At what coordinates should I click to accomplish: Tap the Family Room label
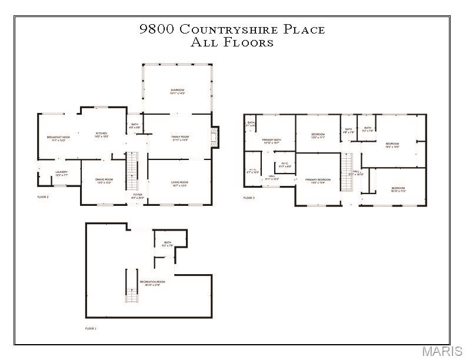tap(179, 138)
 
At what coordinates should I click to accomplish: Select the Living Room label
tap(179, 184)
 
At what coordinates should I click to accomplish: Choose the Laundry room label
tap(62, 173)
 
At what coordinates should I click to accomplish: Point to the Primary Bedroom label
tap(317, 181)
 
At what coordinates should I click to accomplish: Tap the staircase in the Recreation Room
tap(132, 285)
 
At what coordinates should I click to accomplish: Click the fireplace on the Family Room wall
tap(215, 138)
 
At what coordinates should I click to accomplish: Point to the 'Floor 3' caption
tap(249, 198)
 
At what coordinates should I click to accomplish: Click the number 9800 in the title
tap(156, 29)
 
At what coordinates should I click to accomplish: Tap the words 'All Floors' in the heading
tap(232, 42)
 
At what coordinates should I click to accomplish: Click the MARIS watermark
tap(442, 351)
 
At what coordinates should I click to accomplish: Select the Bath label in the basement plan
tap(168, 244)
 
